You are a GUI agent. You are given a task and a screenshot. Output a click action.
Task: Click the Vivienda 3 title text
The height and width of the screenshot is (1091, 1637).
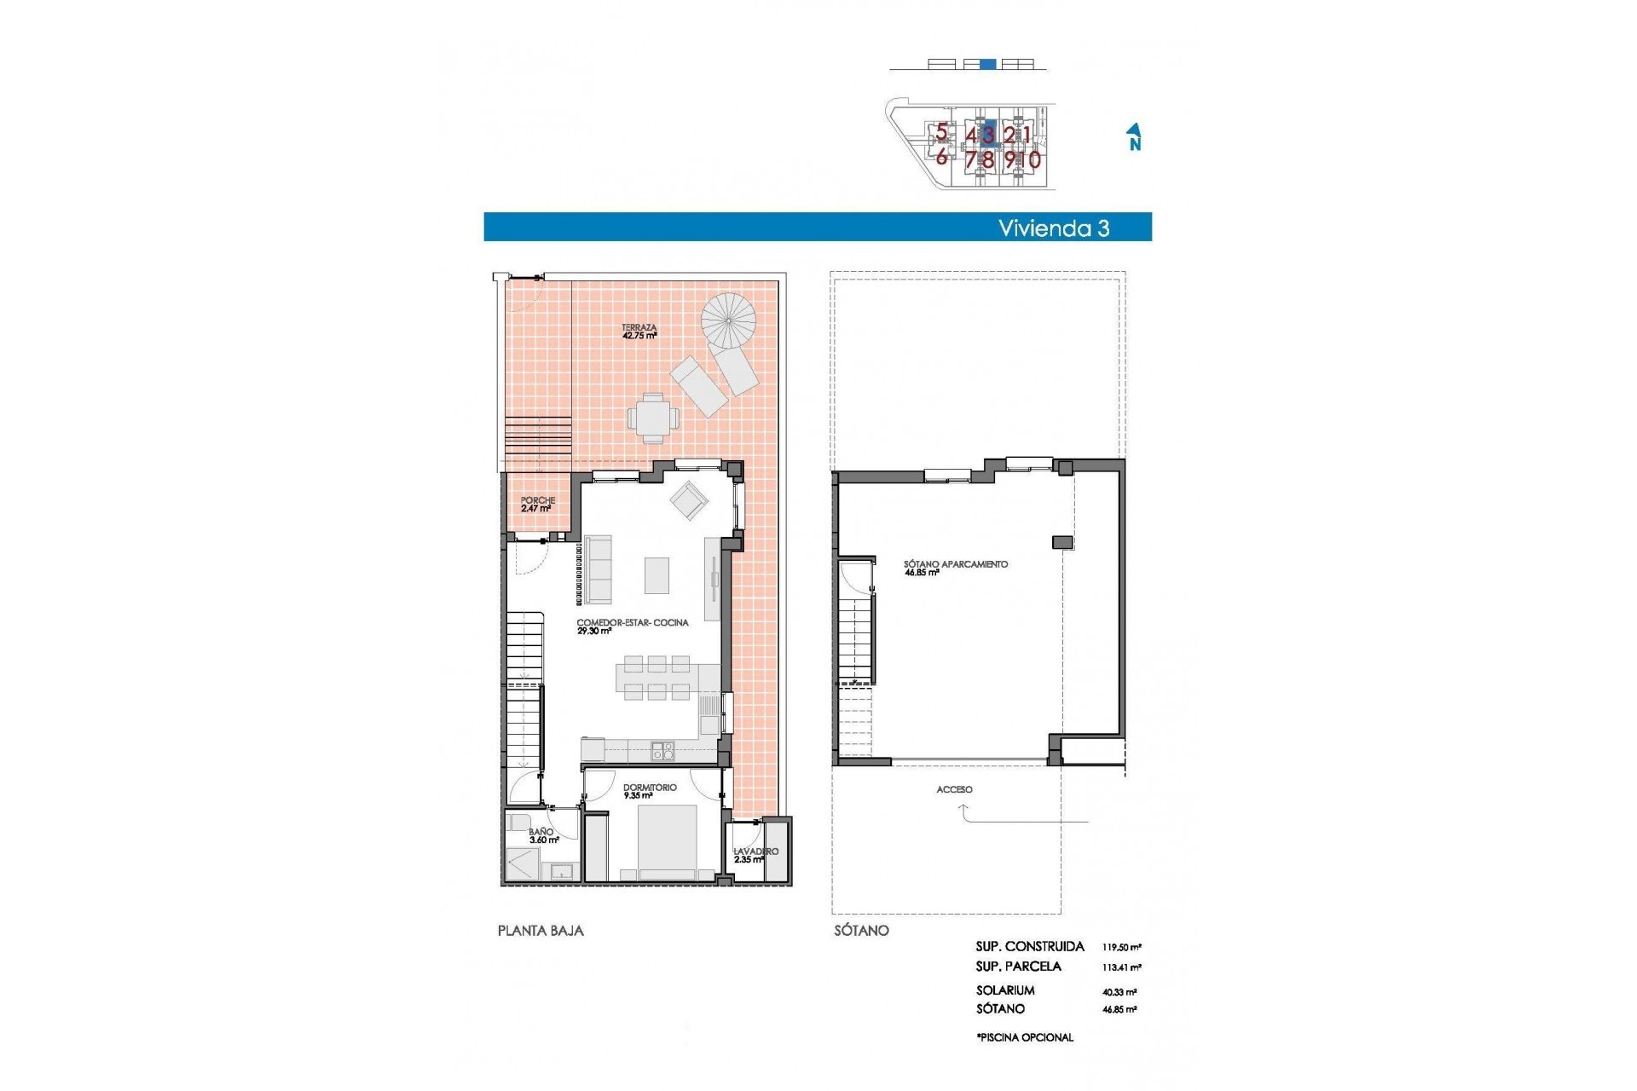coord(1054,228)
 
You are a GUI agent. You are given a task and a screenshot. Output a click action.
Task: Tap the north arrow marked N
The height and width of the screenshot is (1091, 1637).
coord(1134,137)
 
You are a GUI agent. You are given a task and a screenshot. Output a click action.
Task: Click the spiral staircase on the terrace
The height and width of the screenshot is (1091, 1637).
coord(728,320)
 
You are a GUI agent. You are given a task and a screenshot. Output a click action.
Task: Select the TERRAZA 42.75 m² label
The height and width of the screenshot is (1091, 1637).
coord(639,332)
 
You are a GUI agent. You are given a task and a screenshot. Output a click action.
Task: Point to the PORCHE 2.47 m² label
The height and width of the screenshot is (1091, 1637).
coord(537,505)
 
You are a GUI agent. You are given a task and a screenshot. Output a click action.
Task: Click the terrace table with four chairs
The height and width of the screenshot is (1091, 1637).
coord(654,418)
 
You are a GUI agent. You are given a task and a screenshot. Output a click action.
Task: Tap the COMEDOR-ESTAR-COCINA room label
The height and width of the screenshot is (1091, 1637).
coord(632,626)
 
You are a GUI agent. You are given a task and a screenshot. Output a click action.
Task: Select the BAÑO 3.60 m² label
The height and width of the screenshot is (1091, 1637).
coord(542,836)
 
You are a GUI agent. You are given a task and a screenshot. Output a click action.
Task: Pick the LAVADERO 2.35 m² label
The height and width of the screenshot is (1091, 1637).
coord(755,855)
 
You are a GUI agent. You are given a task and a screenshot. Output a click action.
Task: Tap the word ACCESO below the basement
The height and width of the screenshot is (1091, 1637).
coord(954,790)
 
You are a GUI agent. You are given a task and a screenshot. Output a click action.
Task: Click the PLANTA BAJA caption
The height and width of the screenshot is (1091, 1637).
coord(541,931)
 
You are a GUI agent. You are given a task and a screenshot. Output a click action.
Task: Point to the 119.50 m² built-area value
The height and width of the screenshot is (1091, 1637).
coord(1121,947)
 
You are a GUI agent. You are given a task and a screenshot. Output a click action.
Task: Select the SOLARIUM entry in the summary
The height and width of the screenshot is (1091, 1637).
coord(1005,990)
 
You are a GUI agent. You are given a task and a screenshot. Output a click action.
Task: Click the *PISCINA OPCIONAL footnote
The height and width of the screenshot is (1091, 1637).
coord(1025,1037)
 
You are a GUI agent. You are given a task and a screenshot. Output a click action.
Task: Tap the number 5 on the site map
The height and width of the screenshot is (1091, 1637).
coord(941,132)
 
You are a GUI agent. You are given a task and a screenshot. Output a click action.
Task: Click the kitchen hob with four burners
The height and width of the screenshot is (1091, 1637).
coord(662,751)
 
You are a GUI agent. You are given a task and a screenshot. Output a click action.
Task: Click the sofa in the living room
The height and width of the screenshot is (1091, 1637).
coord(598,569)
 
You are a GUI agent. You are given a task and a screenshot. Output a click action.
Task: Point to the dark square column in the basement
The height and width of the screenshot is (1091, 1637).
coord(1062,542)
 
